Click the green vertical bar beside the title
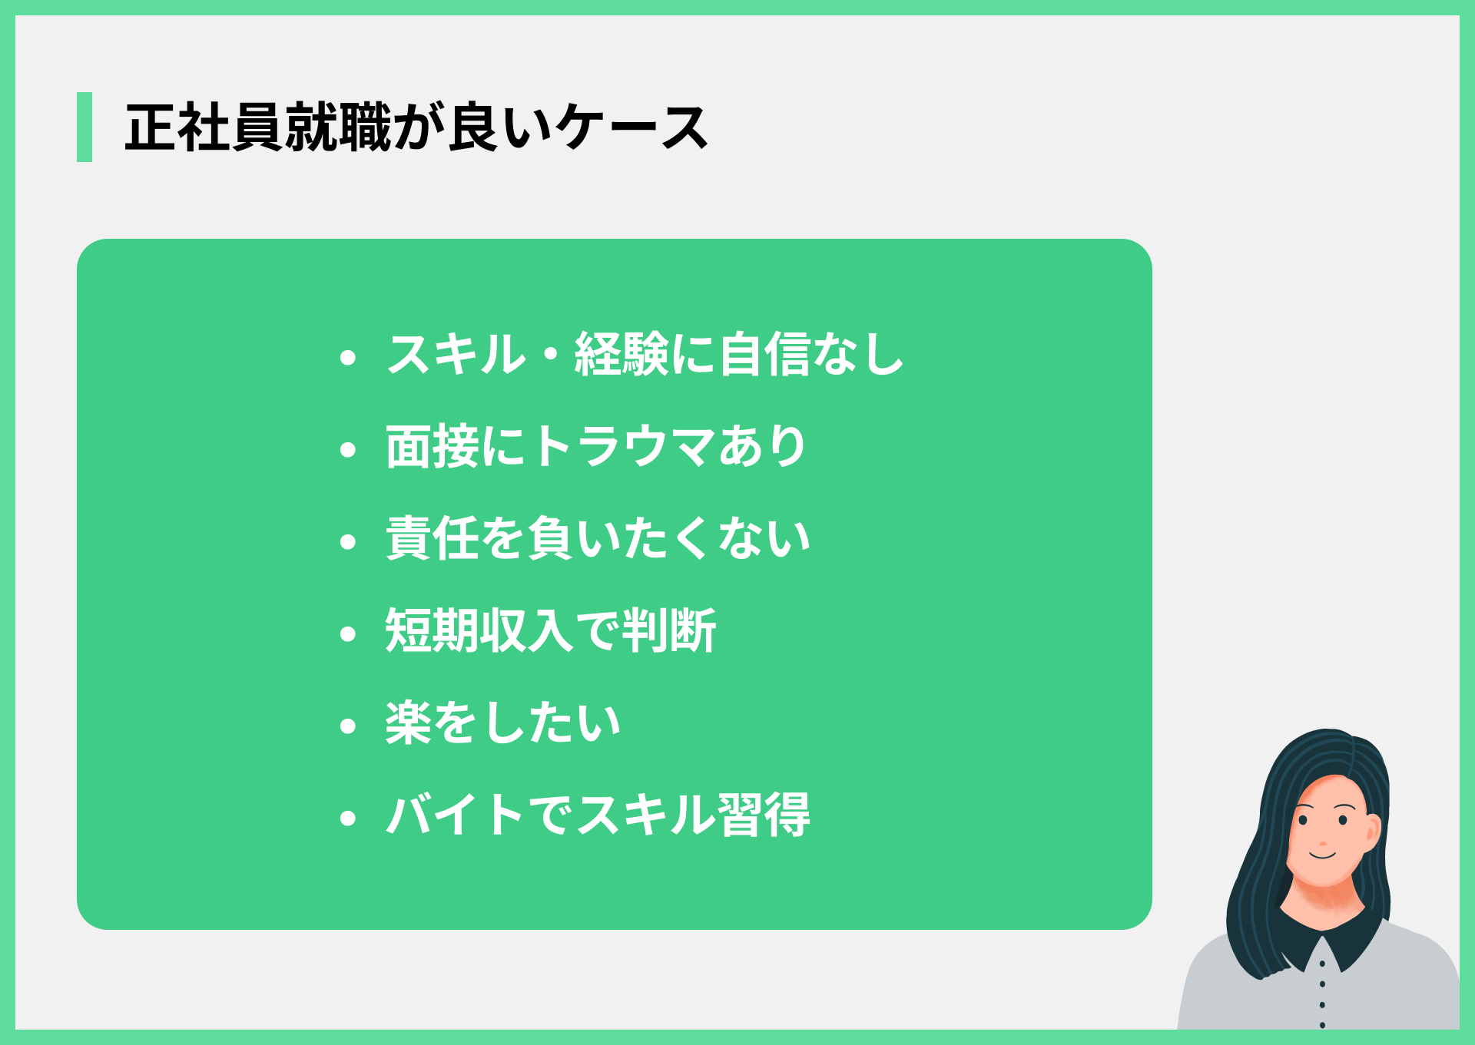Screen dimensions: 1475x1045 coord(85,127)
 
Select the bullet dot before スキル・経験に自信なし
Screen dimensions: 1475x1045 coord(348,357)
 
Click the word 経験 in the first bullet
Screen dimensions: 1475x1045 coord(621,354)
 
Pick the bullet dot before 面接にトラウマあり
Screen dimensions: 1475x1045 coord(348,449)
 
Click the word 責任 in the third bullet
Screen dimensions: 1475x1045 coord(433,538)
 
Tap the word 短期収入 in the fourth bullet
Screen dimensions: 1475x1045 coord(479,630)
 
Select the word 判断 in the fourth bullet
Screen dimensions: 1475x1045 coord(669,630)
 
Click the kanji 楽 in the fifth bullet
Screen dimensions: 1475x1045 coord(409,723)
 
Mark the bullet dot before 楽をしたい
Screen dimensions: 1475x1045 coord(348,726)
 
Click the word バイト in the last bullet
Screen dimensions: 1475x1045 coord(456,815)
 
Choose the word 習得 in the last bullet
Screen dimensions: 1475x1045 coord(764,815)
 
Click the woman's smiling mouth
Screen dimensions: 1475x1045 coord(1323,854)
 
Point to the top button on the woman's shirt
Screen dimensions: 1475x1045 coord(1322,963)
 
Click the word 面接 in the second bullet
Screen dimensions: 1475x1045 coord(433,446)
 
